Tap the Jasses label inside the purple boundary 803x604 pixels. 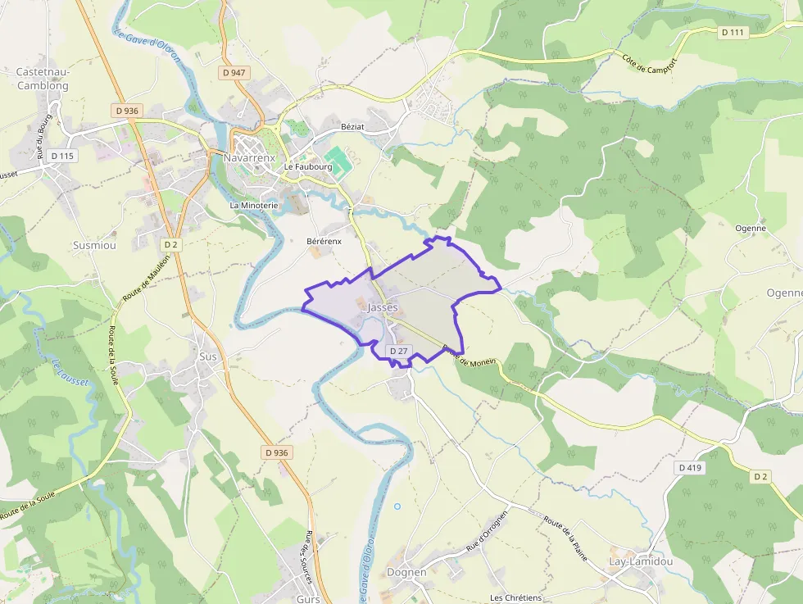pos(383,307)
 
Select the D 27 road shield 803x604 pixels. pos(399,351)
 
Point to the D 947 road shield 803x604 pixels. pos(234,73)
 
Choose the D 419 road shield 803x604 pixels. pos(691,467)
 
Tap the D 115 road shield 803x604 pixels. pos(61,156)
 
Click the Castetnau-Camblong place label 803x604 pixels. pos(43,78)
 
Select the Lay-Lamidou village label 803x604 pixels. pos(641,561)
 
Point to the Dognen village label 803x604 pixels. pos(406,572)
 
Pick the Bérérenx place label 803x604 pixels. pos(324,242)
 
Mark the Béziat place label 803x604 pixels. pos(357,127)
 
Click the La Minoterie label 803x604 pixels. pos(254,205)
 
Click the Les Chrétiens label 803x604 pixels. pos(515,597)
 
